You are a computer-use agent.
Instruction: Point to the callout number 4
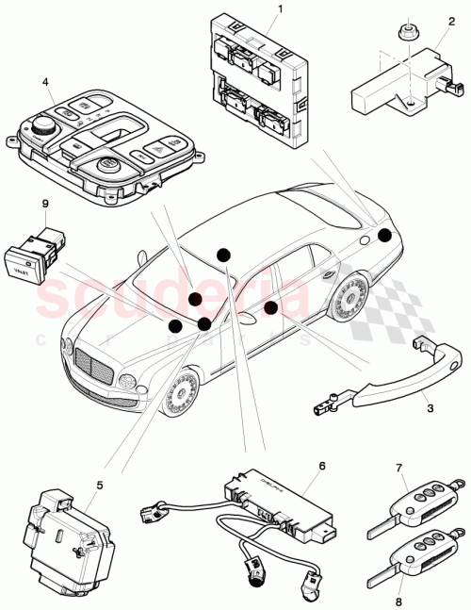coord(45,82)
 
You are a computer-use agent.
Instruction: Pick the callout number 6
coord(320,465)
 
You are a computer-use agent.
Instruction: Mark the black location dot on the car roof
coord(223,255)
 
